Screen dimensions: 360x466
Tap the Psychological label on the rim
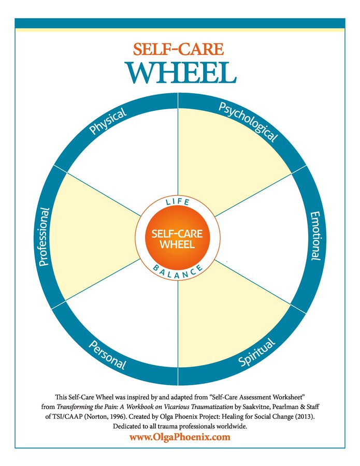pyautogui.click(x=248, y=122)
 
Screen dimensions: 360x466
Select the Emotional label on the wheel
pyautogui.click(x=315, y=236)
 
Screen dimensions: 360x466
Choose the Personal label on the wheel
pyautogui.click(x=108, y=355)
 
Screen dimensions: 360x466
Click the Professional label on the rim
pyautogui.click(x=44, y=237)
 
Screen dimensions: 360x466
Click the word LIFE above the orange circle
pyautogui.click(x=178, y=202)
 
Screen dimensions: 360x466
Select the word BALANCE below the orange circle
pyautogui.click(x=178, y=272)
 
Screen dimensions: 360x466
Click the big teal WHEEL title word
pyautogui.click(x=181, y=73)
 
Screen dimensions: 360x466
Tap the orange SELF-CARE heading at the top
pyautogui.click(x=178, y=49)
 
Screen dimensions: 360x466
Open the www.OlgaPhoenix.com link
pyautogui.click(x=180, y=437)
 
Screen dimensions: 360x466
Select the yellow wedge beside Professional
pyautogui.click(x=92, y=237)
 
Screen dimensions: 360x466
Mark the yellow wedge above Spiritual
pyautogui.click(x=226, y=315)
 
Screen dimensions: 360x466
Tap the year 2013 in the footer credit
pyautogui.click(x=305, y=417)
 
